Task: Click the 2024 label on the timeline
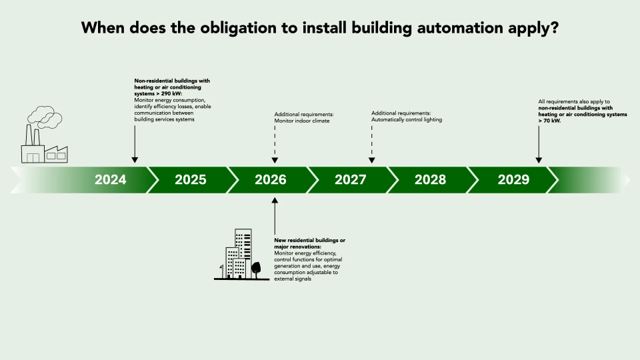[110, 179]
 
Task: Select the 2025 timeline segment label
[190, 179]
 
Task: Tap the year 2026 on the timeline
[270, 179]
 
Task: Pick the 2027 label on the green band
[350, 179]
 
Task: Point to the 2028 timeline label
[430, 179]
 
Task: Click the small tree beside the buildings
[256, 269]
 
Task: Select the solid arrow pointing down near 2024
[135, 143]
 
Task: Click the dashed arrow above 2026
[275, 144]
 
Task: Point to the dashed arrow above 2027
[372, 144]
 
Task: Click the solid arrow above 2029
[539, 144]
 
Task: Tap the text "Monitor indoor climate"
[302, 121]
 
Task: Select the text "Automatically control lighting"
[407, 120]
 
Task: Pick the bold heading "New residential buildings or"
[310, 239]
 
